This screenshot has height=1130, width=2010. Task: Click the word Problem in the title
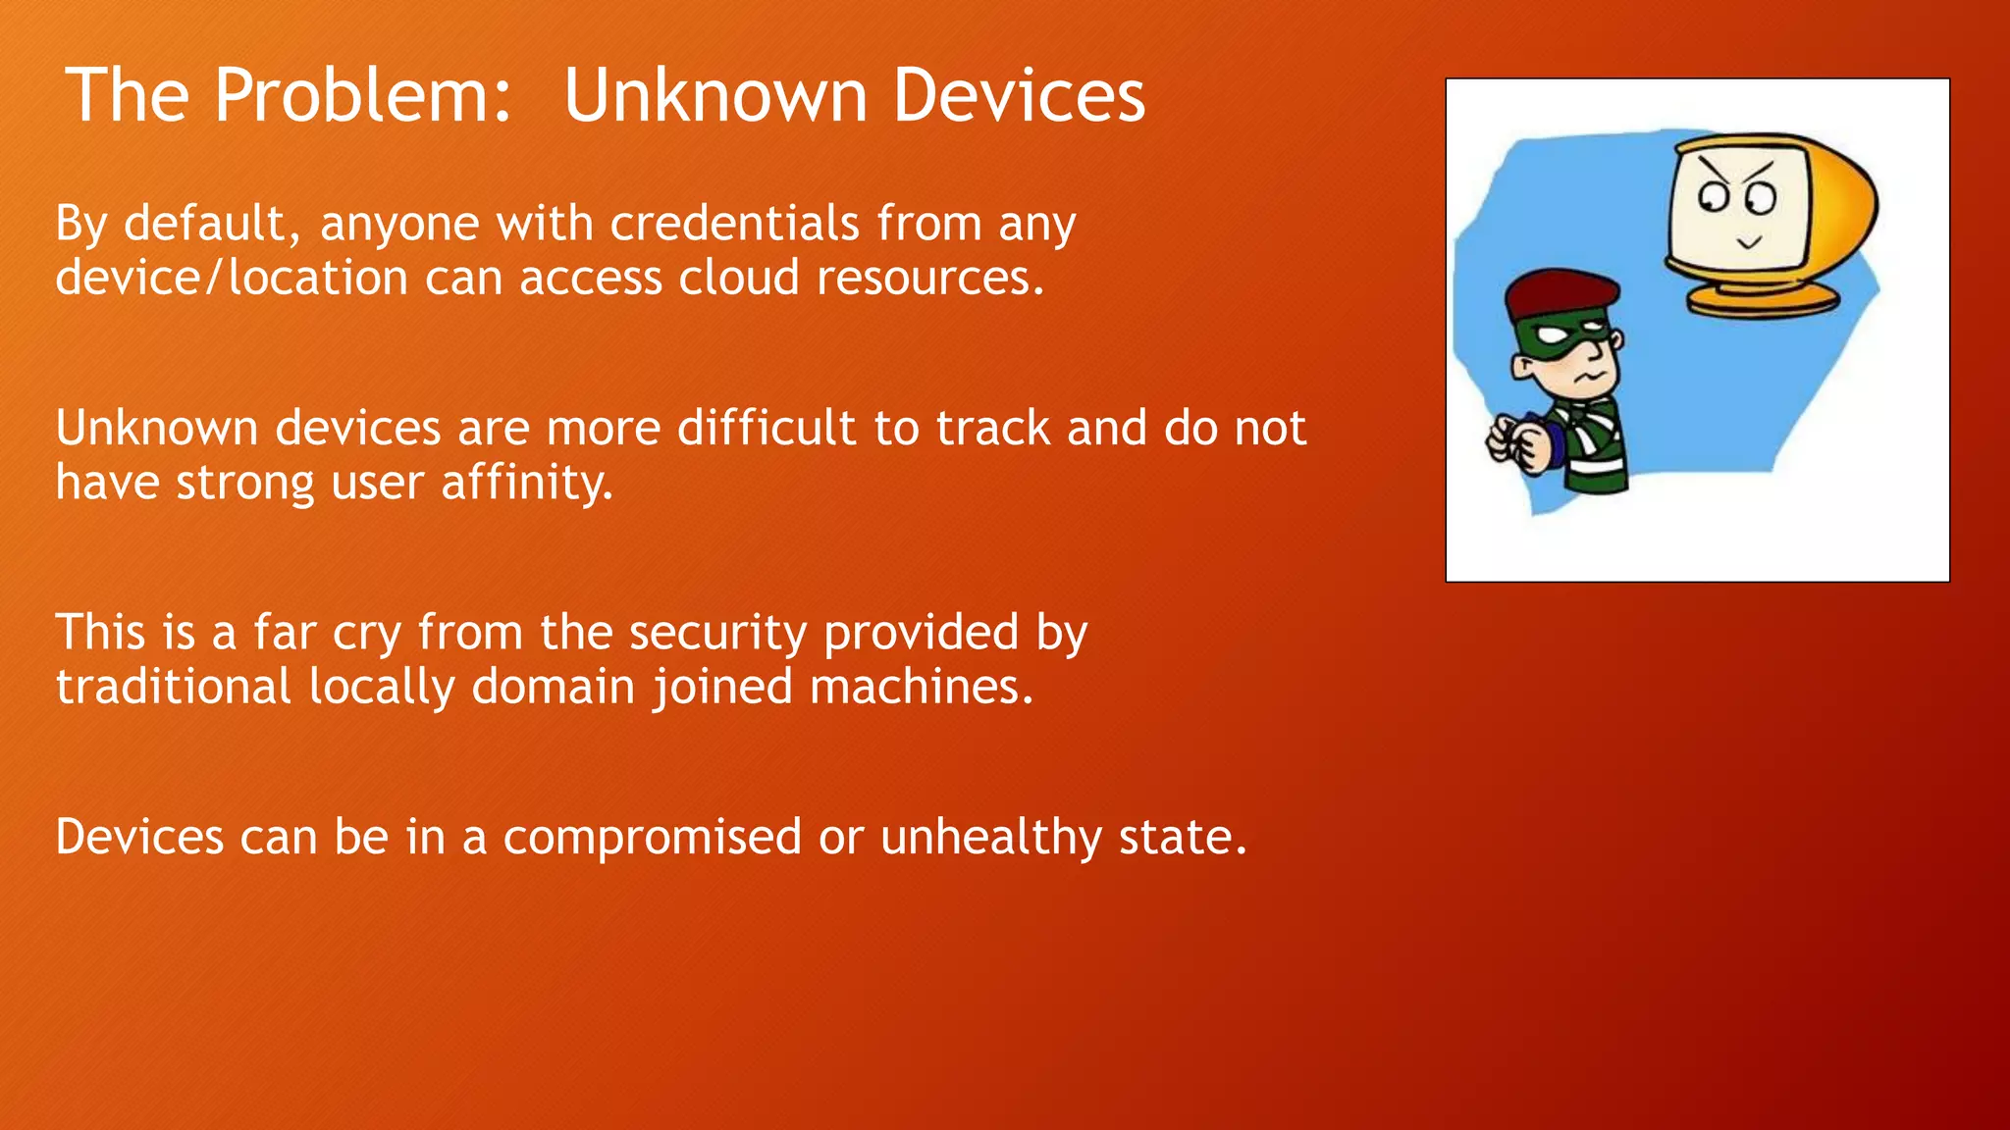[363, 96]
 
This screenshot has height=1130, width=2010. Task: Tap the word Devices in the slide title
[1018, 96]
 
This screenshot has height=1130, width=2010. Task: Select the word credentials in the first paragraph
[734, 224]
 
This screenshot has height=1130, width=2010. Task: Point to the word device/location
[232, 278]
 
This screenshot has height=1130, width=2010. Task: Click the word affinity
[527, 483]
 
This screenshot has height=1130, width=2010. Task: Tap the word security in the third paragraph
[717, 633]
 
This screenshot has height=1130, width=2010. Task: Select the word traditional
[173, 687]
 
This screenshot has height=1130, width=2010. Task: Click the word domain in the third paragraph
[553, 687]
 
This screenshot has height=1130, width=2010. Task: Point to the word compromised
[652, 838]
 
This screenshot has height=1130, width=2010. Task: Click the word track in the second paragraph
[992, 429]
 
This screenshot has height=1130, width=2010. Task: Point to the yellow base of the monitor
[1763, 298]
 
